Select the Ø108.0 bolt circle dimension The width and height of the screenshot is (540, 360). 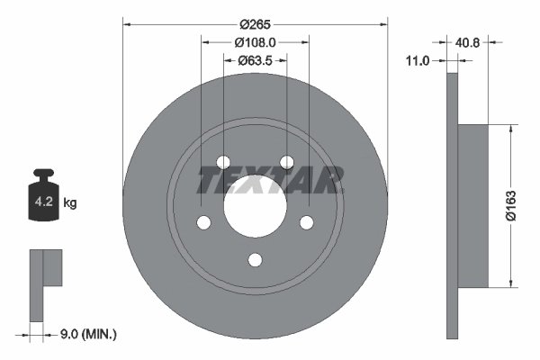255,41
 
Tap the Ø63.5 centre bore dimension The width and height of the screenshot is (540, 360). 256,60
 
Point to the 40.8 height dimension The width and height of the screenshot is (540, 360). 468,41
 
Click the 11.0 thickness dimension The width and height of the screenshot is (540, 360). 417,60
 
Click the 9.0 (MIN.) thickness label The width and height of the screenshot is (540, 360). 86,335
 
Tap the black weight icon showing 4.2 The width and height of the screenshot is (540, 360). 43,200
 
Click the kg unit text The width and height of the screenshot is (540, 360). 70,203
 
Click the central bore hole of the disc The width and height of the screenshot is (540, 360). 255,206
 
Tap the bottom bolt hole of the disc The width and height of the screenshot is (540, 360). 255,260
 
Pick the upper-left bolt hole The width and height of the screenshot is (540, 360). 223,163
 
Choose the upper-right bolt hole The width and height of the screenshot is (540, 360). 286,163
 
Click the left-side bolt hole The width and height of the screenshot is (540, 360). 203,222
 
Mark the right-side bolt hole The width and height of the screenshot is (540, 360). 306,222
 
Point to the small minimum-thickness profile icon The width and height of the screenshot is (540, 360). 45,279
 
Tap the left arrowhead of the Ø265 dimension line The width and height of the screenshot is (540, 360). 127,25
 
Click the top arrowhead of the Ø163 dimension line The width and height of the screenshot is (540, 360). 512,129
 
